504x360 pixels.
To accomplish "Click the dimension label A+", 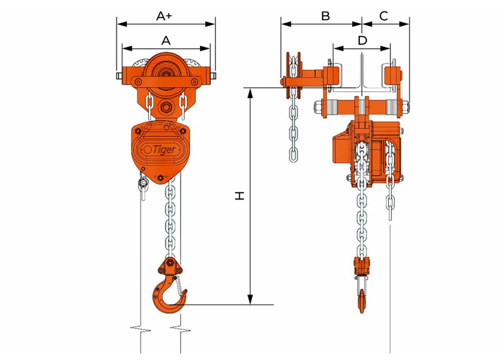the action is coord(164,16).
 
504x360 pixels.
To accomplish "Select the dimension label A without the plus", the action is coord(166,40).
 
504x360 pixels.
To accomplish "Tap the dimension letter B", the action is coord(325,16).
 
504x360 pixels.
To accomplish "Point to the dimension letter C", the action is coord(384,16).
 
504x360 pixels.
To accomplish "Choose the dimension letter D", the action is coord(363,40).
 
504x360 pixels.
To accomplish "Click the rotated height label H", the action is coord(240,196).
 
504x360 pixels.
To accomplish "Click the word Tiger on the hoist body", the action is coord(164,150).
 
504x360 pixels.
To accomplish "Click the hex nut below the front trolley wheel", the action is coord(166,107).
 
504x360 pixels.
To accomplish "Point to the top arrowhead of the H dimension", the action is coord(251,91).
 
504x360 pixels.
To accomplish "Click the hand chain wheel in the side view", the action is coord(294,76).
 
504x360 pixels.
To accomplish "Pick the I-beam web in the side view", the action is coord(362,72).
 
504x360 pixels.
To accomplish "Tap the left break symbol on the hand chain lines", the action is coord(140,328).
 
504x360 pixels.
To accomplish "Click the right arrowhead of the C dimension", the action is coord(405,24).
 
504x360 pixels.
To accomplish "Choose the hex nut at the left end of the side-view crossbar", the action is coord(317,107).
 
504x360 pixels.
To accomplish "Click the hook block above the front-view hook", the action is coord(170,266).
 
